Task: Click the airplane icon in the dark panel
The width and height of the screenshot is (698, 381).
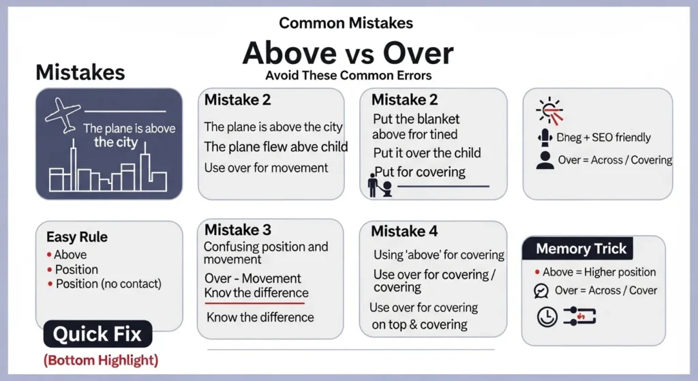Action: tap(63, 115)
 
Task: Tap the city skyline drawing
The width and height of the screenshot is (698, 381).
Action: tap(107, 174)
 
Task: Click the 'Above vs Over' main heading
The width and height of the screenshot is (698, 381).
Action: tap(348, 52)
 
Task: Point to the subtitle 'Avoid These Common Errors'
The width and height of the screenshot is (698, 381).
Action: tap(348, 75)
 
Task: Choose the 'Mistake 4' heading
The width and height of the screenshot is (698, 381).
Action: tap(404, 231)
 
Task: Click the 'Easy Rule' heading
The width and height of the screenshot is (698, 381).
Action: tap(77, 237)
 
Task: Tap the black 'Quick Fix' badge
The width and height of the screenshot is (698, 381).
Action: tap(98, 334)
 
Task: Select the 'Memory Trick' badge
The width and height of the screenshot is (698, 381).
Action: tap(581, 249)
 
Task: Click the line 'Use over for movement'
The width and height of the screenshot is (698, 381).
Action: tap(267, 168)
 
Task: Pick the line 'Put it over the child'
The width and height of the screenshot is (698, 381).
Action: tap(427, 153)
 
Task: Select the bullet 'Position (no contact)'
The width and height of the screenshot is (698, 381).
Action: tap(108, 284)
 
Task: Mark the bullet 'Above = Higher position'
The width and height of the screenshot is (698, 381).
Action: tap(599, 272)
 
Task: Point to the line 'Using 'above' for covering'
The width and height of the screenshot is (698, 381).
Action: tap(438, 255)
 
